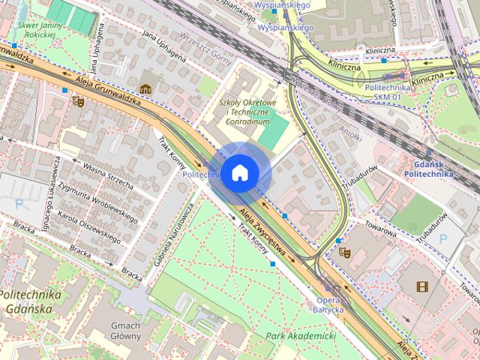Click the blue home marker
[238, 172]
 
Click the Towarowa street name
[380, 222]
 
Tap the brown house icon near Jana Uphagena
[145, 88]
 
